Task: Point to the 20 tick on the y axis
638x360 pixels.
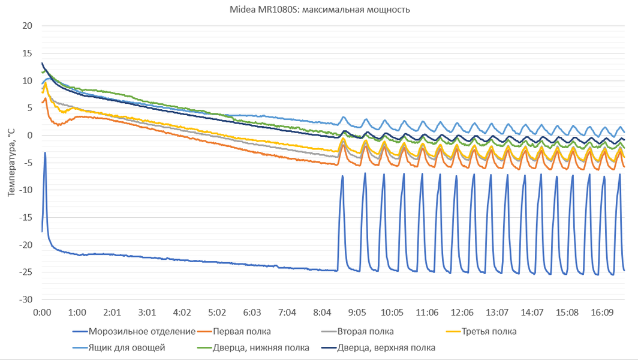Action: tap(28, 26)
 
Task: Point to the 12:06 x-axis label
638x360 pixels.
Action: tap(462, 313)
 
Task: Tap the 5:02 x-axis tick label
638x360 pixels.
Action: tap(217, 313)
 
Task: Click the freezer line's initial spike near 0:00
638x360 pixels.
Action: tap(45, 153)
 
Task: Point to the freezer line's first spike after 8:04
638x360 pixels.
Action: tap(342, 176)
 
